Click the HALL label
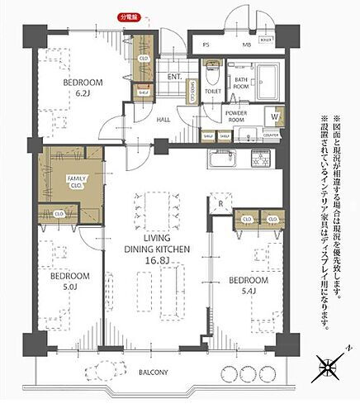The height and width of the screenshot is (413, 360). click(164, 119)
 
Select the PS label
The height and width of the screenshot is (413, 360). click(206, 43)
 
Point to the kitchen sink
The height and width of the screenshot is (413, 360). click(223, 158)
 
